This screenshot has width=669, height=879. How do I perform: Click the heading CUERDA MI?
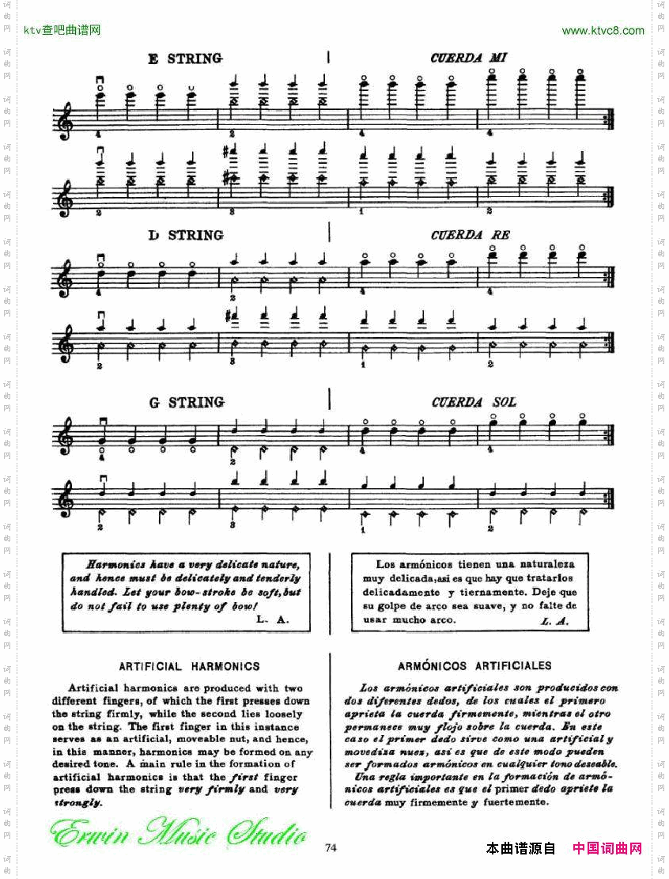coord(468,59)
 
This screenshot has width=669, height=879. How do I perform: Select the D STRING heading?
coord(185,235)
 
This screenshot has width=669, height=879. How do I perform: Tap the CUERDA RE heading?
coord(470,235)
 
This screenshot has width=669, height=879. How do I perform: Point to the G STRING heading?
coord(187,403)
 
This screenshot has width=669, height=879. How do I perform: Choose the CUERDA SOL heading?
coord(474,403)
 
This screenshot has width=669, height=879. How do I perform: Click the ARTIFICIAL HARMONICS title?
coord(189,666)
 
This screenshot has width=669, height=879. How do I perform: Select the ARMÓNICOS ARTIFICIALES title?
coord(474,666)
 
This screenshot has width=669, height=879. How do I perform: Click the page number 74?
coord(331,848)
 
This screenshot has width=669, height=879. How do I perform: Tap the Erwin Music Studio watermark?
coord(177,834)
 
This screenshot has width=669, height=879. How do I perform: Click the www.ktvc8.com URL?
coord(603,31)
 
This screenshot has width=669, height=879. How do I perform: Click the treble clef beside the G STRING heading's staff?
coord(65,436)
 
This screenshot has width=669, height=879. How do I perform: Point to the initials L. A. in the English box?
coord(273,620)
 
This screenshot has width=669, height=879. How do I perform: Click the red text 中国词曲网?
coord(607,848)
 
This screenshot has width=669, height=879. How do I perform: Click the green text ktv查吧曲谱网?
coord(62,31)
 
